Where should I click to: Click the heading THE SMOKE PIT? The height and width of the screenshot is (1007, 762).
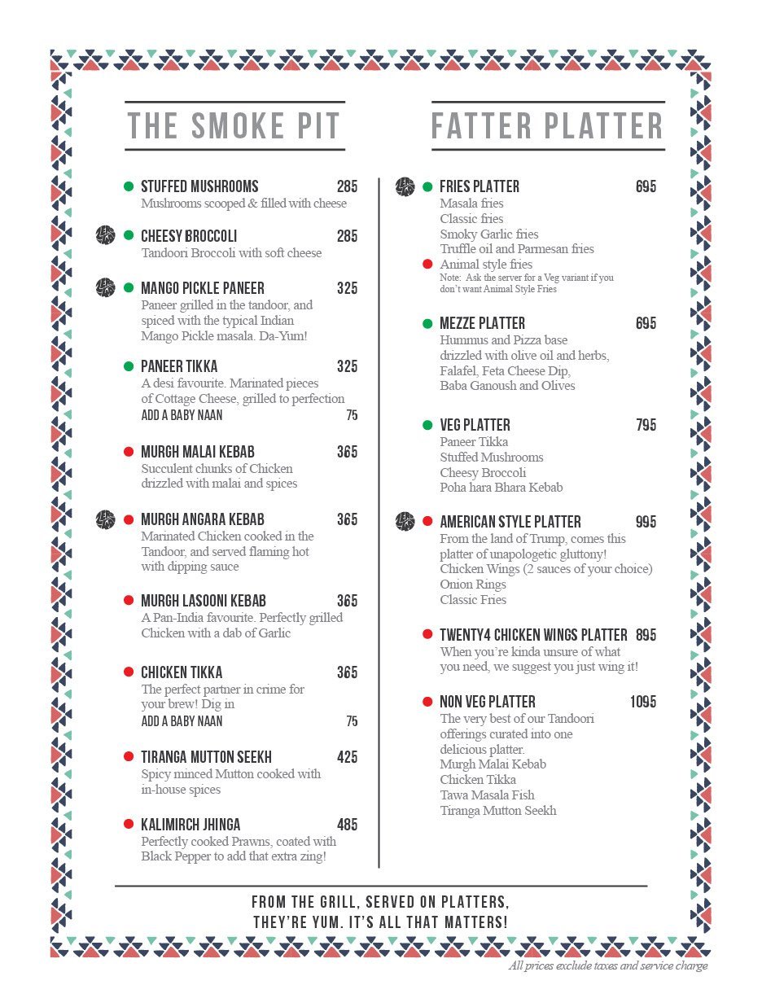(234, 126)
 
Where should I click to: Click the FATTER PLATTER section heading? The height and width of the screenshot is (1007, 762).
(547, 126)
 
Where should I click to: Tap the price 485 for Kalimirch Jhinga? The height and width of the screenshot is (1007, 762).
(347, 825)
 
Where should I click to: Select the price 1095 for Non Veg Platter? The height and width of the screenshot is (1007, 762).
(642, 702)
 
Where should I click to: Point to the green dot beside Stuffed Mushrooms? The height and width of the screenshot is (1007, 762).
(129, 186)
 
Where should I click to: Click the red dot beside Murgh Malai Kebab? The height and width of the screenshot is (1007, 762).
(129, 452)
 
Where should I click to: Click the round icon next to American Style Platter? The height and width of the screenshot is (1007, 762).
(405, 522)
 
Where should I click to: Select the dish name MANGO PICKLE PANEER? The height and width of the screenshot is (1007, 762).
(203, 288)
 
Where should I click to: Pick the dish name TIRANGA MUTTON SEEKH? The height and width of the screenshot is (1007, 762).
(206, 757)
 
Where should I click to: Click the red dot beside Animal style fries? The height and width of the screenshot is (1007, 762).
(427, 264)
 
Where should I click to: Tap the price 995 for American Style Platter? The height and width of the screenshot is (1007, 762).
(646, 522)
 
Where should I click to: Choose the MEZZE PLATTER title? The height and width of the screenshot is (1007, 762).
(482, 323)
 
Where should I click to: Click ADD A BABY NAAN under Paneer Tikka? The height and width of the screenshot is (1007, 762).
(182, 415)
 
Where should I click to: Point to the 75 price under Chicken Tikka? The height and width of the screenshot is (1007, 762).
(352, 721)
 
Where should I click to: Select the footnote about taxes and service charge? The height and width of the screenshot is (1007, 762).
(607, 966)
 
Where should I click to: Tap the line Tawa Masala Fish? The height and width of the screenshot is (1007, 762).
(487, 795)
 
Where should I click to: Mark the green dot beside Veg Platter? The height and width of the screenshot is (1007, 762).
(427, 425)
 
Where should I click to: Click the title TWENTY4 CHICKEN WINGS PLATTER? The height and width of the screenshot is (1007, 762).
(533, 635)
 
